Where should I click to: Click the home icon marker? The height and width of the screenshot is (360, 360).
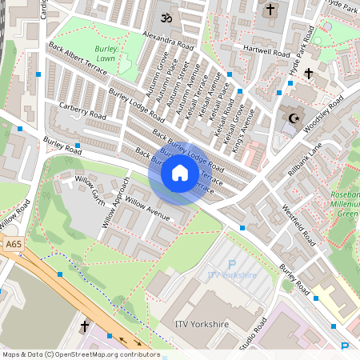click(180, 173)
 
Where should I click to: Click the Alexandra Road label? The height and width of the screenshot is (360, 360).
click(167, 42)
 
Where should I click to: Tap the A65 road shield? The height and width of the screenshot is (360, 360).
click(12, 244)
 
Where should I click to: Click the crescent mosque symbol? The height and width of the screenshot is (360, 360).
click(293, 120)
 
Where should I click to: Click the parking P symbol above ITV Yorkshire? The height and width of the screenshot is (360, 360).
click(232, 265)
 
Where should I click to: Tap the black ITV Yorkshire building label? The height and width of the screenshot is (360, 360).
click(202, 324)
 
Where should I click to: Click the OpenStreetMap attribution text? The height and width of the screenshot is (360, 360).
click(80, 354)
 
